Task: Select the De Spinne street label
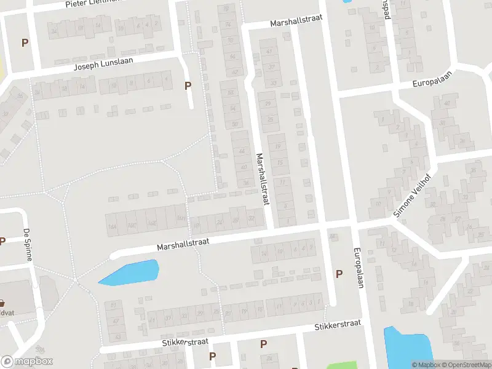pos(27,245)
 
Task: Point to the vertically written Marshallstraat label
pos(264,180)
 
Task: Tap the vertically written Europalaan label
pos(357,268)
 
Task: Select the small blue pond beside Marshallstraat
pos(130,272)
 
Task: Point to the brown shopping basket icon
pos(2,303)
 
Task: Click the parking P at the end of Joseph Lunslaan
pos(188,86)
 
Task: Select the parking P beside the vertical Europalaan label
pos(338,274)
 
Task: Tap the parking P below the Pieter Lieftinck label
pos(25,42)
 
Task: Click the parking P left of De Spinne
pos(2,241)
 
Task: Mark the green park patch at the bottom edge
pos(341,365)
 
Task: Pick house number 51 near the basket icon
pos(113,305)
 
